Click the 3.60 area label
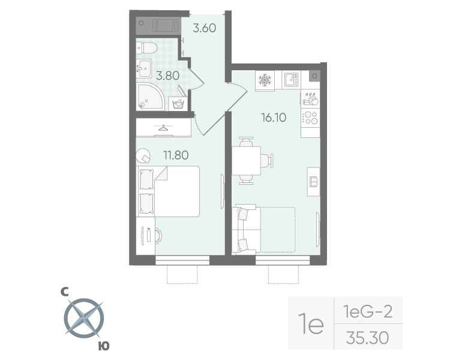click(204, 28)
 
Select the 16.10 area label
click(272, 117)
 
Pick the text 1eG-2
click(367, 311)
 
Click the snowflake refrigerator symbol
click(265, 80)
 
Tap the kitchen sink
click(290, 80)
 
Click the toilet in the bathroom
click(148, 47)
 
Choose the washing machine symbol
click(178, 104)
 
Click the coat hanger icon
click(163, 127)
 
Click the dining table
click(245, 161)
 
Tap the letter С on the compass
click(64, 292)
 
